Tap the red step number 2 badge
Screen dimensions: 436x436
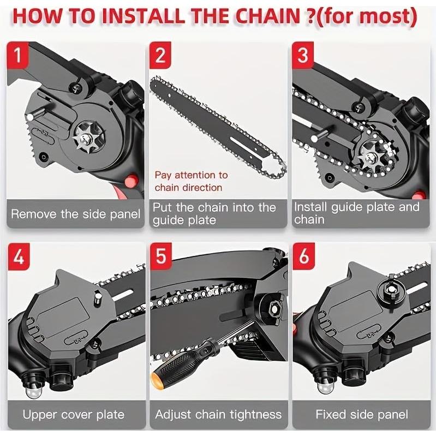(x=160, y=56)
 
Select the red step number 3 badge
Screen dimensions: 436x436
(x=303, y=56)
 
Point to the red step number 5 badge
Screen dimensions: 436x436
(x=160, y=256)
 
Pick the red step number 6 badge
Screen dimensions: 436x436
(x=303, y=256)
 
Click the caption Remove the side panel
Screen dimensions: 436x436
(x=75, y=214)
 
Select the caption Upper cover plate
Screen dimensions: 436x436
(x=73, y=414)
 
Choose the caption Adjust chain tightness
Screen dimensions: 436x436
(x=218, y=414)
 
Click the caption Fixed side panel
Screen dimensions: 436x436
(x=362, y=414)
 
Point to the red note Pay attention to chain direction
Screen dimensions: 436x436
(x=191, y=181)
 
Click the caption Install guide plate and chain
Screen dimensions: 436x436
(x=356, y=213)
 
